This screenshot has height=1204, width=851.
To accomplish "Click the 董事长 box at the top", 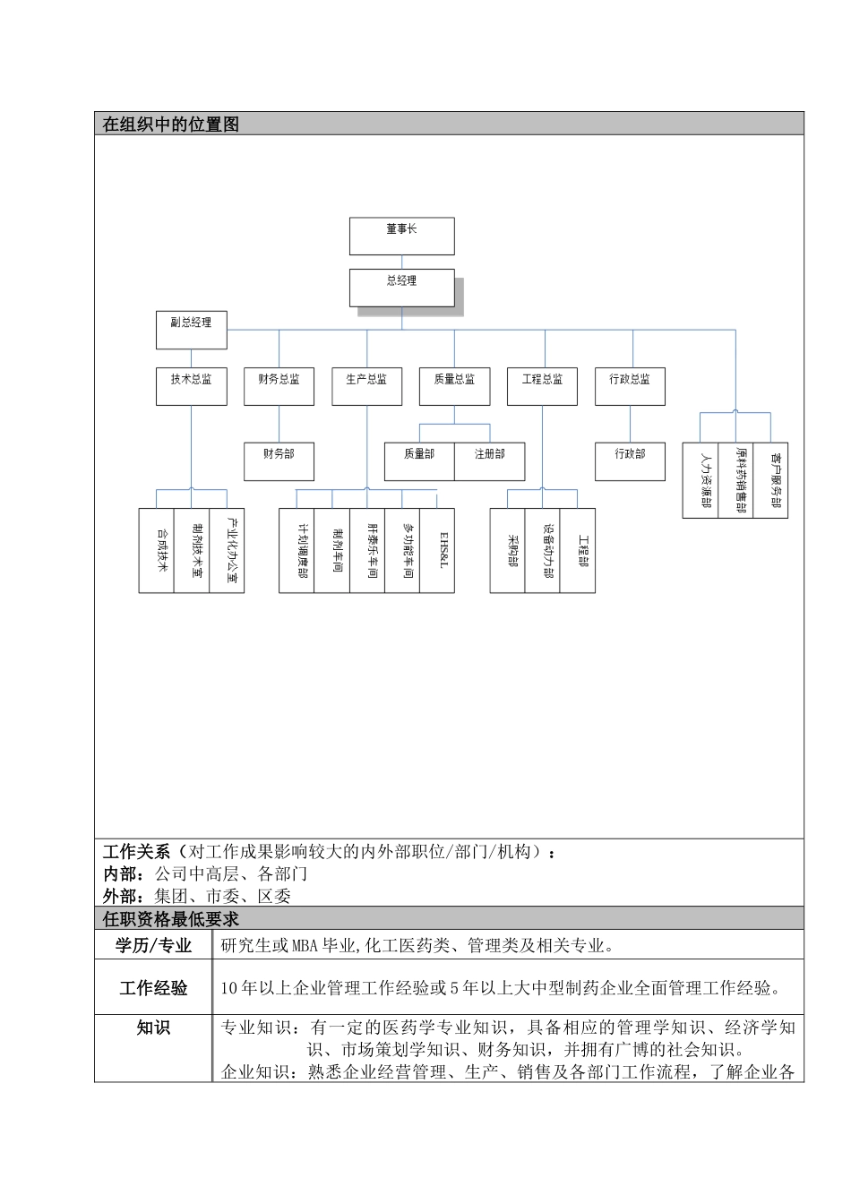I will coord(401,236).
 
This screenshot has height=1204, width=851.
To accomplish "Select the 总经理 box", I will coord(401,287).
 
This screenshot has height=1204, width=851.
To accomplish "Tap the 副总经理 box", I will coord(191,330).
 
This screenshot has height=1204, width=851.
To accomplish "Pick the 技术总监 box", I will coord(191,386).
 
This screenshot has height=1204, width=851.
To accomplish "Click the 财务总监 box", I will coord(279,386).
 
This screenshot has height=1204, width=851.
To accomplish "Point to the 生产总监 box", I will coord(366,386).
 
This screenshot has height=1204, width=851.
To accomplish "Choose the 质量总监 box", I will coord(454,386).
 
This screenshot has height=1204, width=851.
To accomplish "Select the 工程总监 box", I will coord(542,386).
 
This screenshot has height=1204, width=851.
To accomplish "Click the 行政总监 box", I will coord(630,386).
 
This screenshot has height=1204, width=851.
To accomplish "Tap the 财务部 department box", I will coord(279,461).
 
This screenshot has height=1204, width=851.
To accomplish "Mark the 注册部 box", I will coord(489,461).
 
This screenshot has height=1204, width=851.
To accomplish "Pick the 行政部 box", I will coord(630,461).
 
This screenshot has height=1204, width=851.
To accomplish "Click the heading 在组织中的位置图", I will coord(171,125).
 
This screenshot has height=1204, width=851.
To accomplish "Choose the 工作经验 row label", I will coord(153,989).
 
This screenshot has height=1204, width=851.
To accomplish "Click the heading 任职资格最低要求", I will coord(171,919).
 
